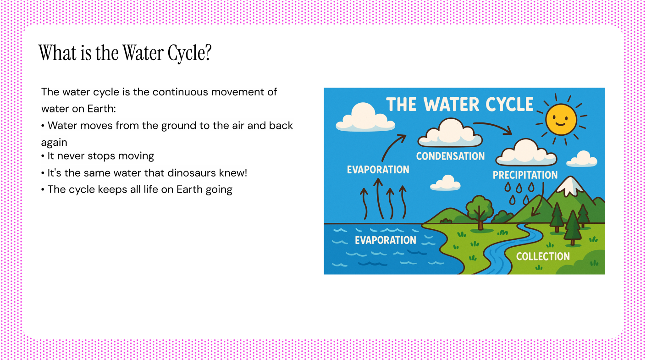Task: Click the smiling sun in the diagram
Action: coord(561,119)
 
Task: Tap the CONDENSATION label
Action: coord(450,156)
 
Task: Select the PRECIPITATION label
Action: coord(525,175)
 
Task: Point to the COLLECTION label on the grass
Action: coord(543,256)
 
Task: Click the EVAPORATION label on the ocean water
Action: coord(386,240)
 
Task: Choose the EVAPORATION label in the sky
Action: coord(378,170)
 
